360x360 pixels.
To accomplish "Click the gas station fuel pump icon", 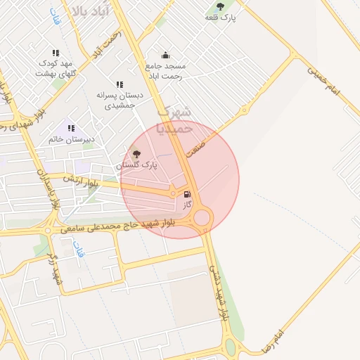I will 187,194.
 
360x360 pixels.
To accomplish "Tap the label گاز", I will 187,205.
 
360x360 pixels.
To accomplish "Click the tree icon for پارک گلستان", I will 136,153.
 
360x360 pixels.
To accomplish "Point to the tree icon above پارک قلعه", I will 221,6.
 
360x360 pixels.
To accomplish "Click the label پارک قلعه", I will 221,18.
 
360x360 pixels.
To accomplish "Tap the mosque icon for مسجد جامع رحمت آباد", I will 165,55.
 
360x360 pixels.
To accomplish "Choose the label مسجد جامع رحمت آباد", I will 164,70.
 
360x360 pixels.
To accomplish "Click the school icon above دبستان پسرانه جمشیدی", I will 120,84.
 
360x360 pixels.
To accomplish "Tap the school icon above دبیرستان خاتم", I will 71,128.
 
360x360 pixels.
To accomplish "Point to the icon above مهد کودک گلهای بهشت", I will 56,53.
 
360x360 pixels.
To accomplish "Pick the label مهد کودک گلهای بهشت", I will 56,68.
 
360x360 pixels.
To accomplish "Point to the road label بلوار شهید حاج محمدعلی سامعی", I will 127,225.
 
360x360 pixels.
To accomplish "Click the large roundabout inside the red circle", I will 202,217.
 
